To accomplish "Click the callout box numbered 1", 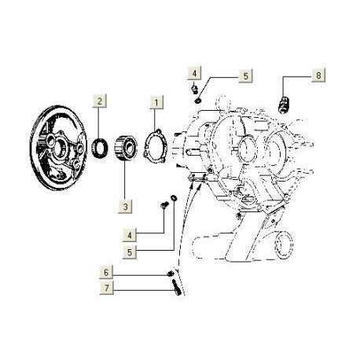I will tap(156, 102).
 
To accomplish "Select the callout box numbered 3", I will tap(125, 207).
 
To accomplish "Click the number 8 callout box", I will tap(318, 75).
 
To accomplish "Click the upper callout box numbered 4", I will tap(193, 72).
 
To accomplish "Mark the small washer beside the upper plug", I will tap(201, 100).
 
